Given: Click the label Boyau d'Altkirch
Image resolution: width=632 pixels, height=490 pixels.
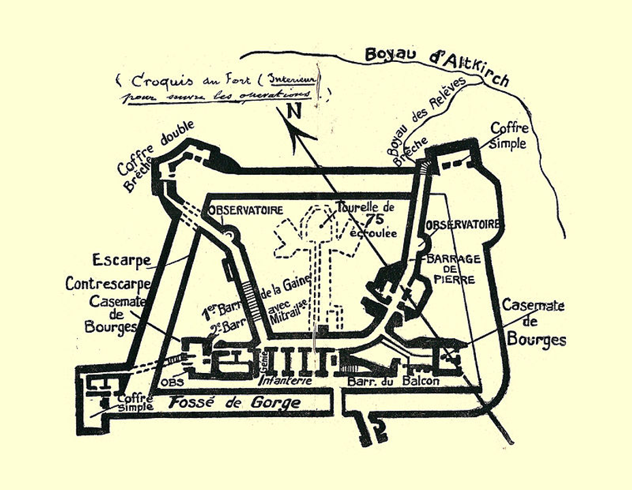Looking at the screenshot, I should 437,65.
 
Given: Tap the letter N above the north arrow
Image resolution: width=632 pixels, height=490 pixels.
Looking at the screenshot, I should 294,112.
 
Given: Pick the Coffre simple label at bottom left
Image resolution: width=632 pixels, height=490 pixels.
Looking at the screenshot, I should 133,403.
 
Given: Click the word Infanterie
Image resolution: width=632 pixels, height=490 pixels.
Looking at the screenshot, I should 284,381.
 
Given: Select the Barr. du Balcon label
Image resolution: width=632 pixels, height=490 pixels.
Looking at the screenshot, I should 393,381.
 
